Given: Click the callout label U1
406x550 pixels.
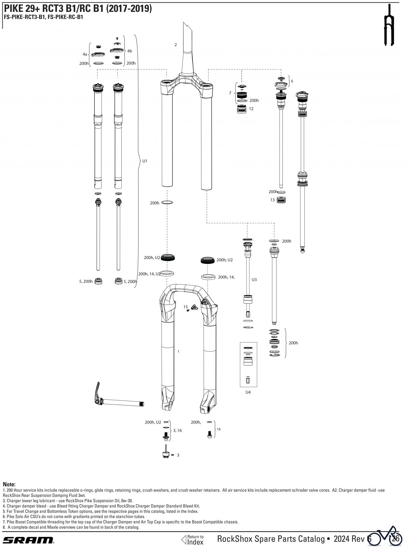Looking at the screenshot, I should coord(145,161).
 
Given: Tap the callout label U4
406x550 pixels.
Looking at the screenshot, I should coord(248,392).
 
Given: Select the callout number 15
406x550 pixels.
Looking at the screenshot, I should coord(186,307).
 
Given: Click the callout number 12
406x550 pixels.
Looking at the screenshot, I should coord(251,109).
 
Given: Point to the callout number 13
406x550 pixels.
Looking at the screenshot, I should coord(272,200).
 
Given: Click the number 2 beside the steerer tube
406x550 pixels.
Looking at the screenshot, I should coord(175,45).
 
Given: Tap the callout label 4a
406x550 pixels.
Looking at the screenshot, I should coord(85,54).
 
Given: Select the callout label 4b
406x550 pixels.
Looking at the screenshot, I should coord(130,51).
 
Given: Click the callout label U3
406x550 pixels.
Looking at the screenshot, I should coord(254,280).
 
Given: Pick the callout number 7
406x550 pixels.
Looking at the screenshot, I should coord(230,93).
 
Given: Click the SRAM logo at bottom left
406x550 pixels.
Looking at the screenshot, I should coord(28,540).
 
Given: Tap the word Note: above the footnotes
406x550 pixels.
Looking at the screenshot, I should coord(9,484).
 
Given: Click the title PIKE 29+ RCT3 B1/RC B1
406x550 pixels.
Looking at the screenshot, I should coord(78,9).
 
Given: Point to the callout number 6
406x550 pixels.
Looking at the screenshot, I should coord(292,81).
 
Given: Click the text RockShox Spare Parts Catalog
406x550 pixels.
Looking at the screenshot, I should coord(271,539).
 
